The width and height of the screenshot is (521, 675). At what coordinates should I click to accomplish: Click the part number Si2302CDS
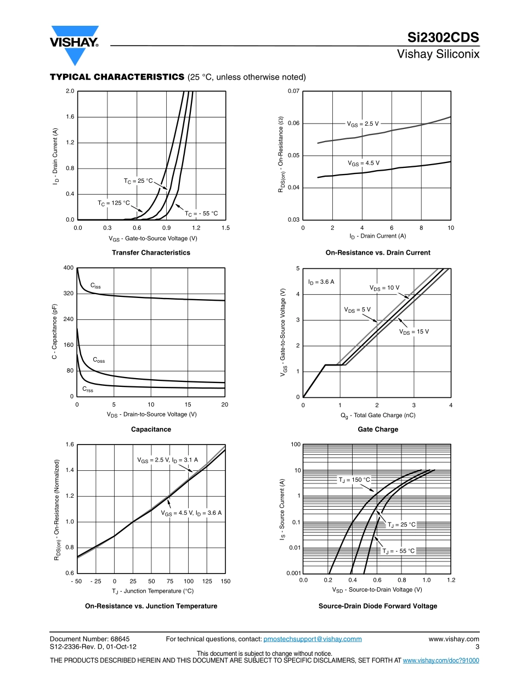pos(443,37)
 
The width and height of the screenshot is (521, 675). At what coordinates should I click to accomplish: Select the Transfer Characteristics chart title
pos(151,252)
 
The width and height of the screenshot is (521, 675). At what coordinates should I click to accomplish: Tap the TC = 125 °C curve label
pos(114,203)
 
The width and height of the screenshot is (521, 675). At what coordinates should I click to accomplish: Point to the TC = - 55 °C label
pos(201,213)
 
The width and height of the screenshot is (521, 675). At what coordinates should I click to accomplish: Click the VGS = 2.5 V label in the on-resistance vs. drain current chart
pos(363,124)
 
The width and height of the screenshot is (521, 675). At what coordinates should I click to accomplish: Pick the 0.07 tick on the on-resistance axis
pos(294,91)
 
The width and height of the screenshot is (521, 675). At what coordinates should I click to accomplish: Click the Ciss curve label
pos(95,286)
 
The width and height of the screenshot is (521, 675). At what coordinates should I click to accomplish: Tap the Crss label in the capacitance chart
pos(88,389)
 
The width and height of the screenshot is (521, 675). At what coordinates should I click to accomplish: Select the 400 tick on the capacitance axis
pos(69,268)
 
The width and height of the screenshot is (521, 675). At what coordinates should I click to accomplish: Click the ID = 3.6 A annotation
pos(321,282)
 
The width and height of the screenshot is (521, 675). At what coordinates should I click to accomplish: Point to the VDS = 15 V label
pos(414,331)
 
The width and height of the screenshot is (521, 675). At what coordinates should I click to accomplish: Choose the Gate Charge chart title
pos(378,429)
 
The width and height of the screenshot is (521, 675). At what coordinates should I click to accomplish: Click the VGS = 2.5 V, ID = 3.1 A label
pos(167,460)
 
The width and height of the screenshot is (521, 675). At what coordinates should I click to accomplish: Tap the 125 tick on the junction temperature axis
pos(207,581)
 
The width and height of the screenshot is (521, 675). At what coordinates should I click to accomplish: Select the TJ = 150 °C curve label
pos(354,480)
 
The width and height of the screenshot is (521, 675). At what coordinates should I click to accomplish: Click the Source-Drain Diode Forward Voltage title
pos(378,606)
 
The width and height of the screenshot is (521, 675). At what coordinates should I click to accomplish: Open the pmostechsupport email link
pos(313,639)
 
